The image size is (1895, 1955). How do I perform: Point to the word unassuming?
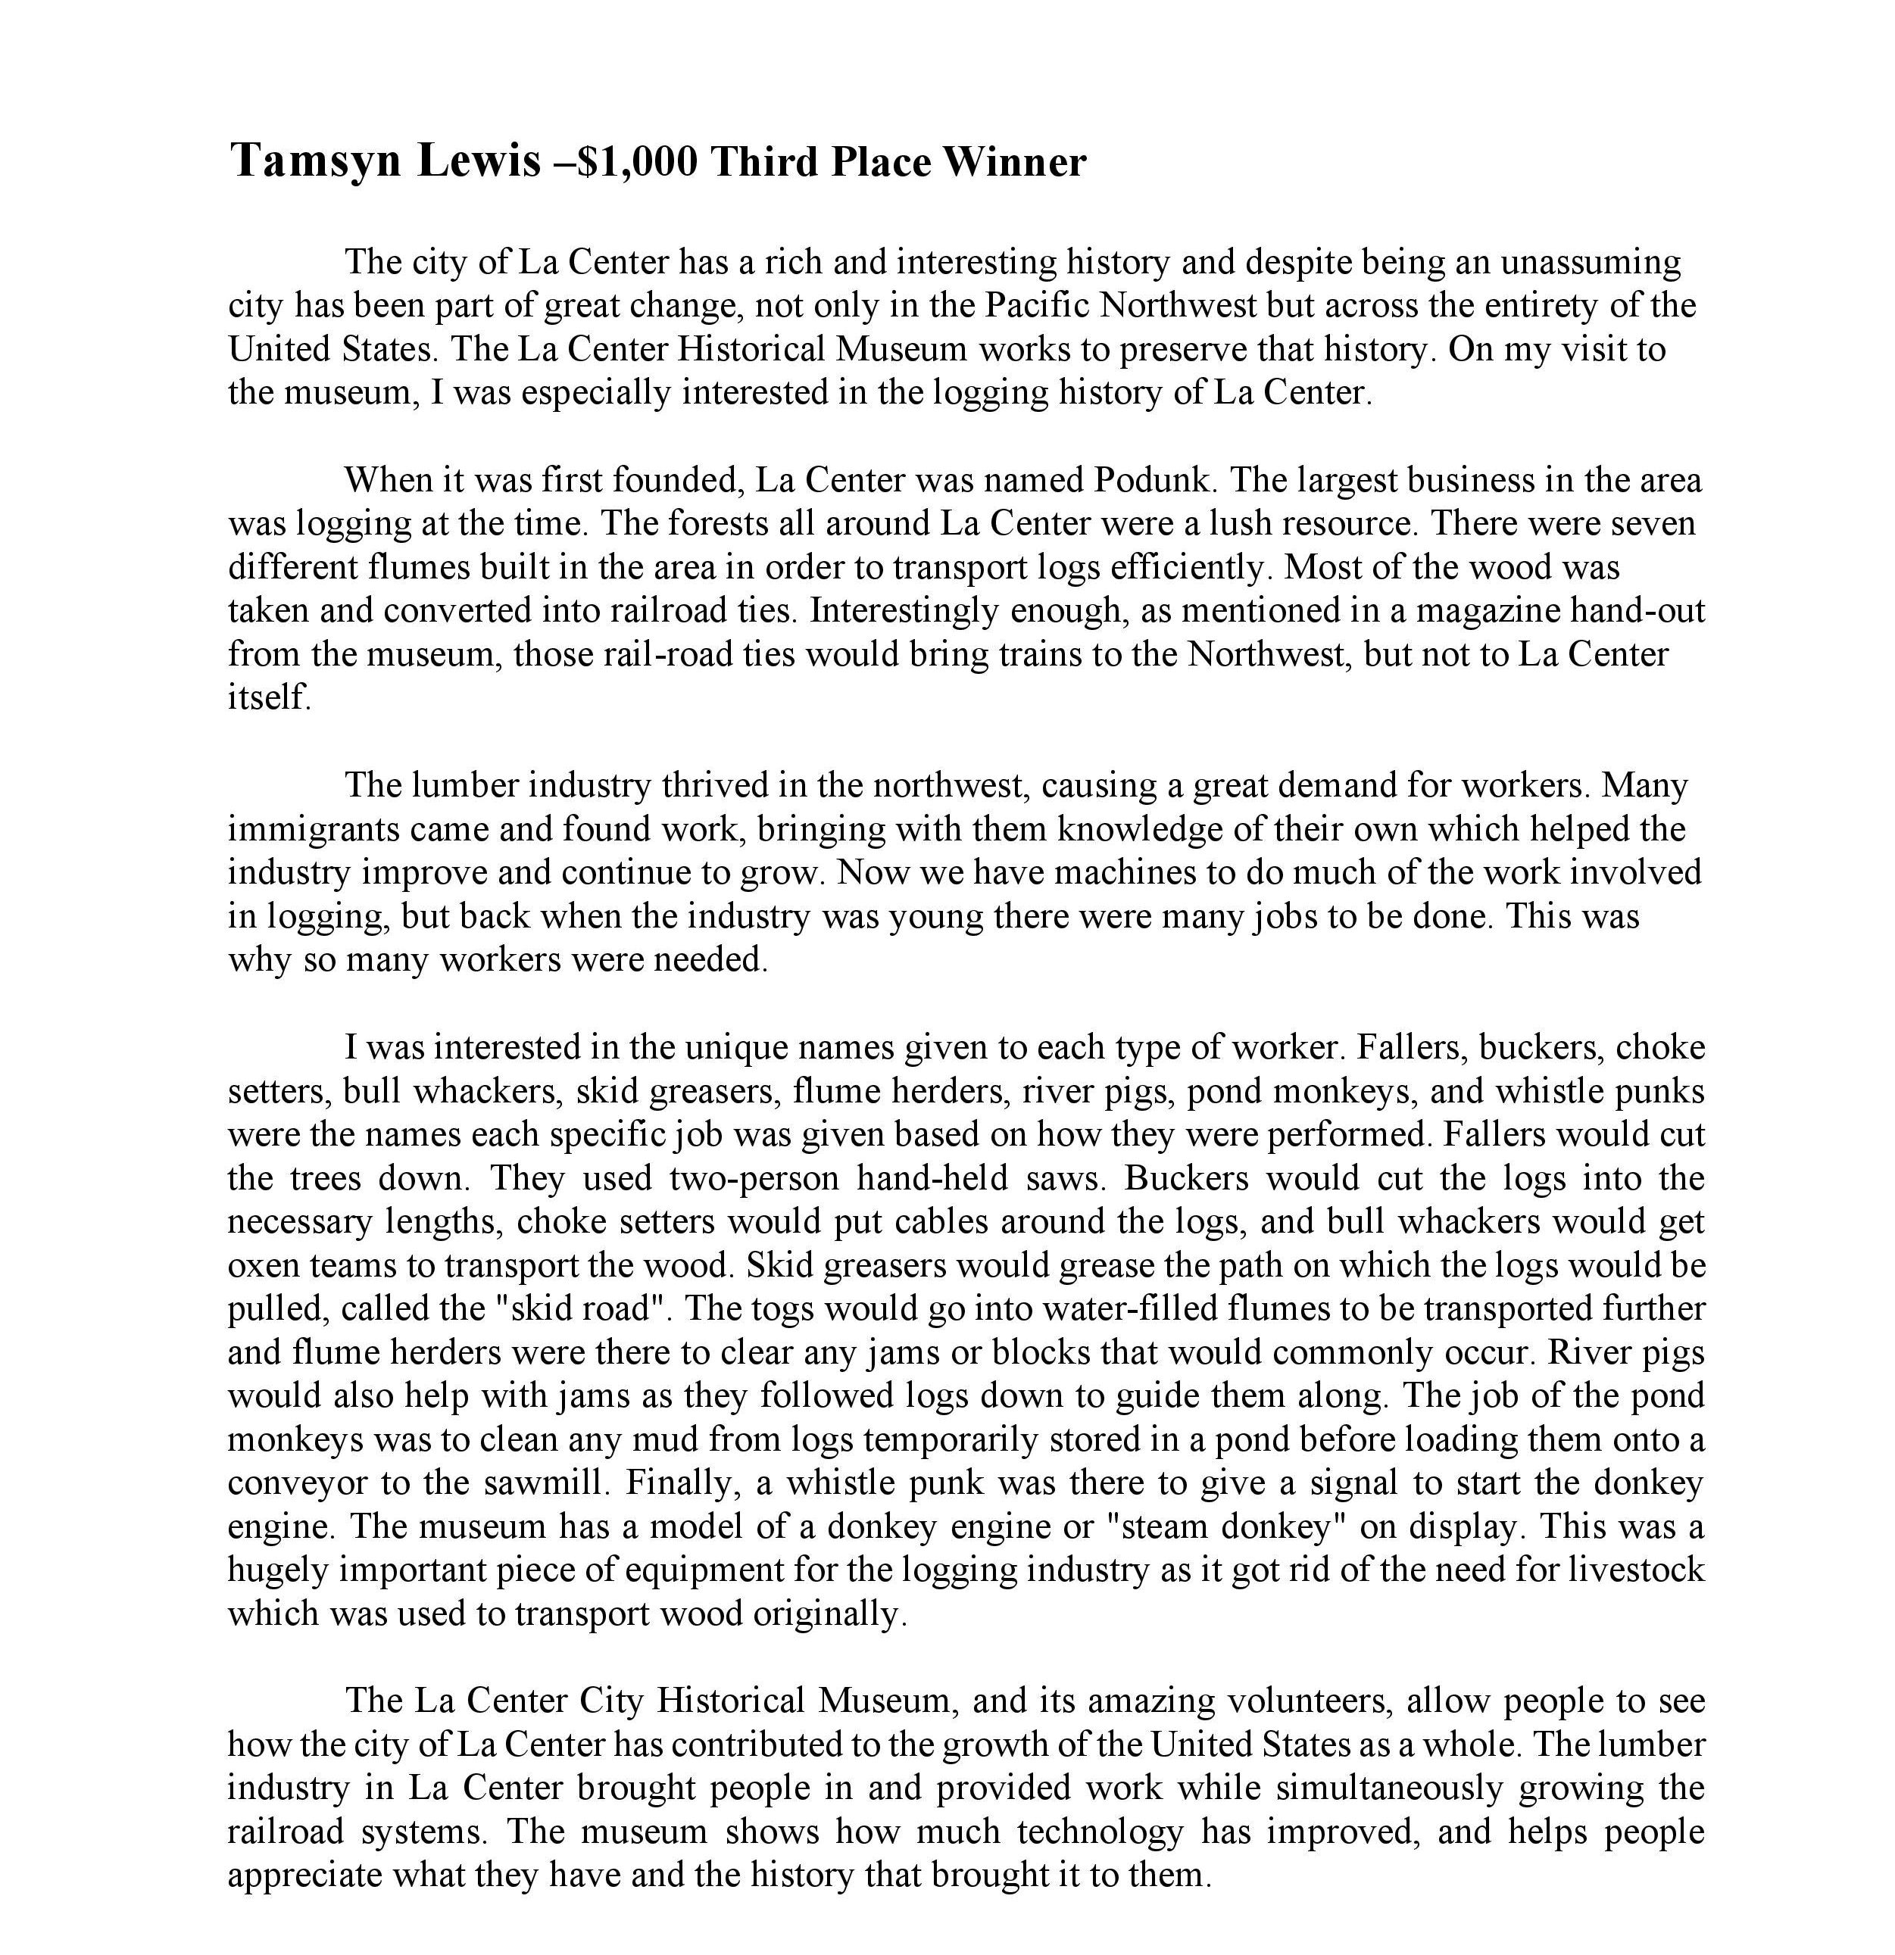pos(1591,262)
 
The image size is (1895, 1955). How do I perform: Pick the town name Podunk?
pos(1154,481)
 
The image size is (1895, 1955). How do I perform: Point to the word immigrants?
pos(314,830)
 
